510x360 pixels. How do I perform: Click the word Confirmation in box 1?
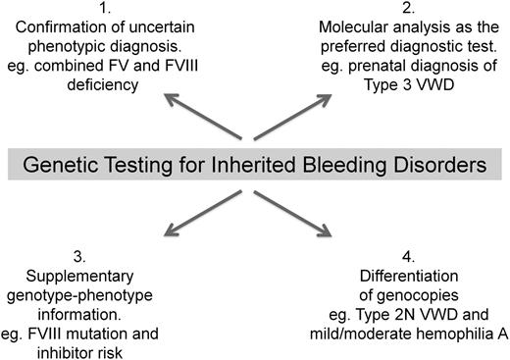(55, 28)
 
